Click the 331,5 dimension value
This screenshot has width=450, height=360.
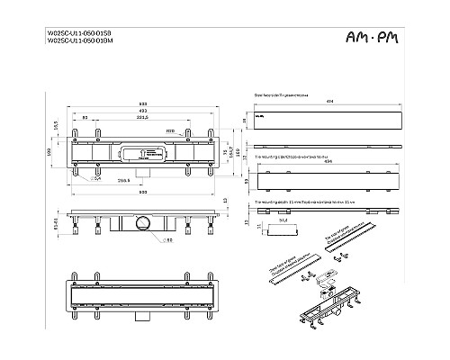(142, 118)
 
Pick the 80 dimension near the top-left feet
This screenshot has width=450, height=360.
(85, 118)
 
